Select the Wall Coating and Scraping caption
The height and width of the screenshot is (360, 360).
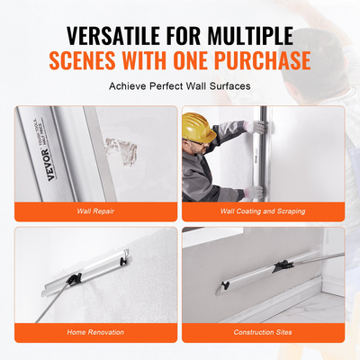click(263, 211)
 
